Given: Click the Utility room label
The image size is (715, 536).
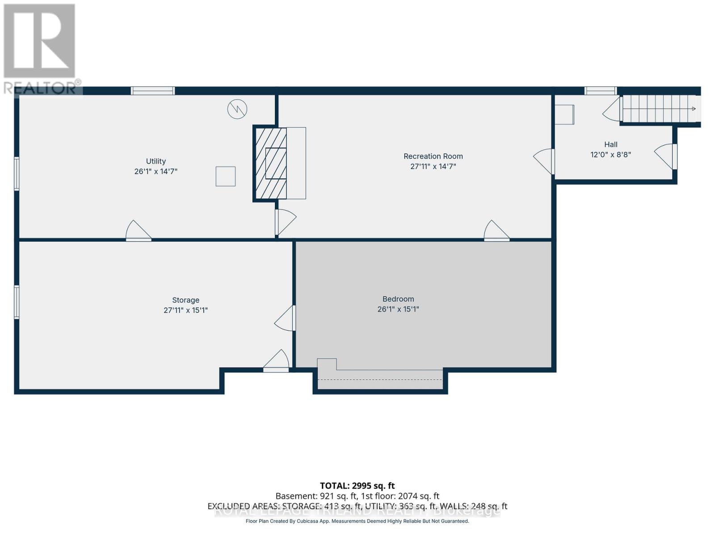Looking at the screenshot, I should point(156,161).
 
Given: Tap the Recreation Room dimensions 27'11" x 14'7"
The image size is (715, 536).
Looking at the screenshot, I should point(433,167).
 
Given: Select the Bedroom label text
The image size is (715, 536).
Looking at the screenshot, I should point(398,299).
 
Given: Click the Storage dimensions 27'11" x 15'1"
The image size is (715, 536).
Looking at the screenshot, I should point(185,310).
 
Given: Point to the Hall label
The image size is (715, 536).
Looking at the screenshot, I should point(610,144).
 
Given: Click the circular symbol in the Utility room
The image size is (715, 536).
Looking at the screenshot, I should point(237,109).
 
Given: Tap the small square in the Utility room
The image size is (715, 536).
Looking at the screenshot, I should point(225,176).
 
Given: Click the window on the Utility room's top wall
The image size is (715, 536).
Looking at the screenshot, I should point(152,91).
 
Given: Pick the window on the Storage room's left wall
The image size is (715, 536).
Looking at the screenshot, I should point(17,302).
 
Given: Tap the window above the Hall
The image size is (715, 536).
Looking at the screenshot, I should point(601,91).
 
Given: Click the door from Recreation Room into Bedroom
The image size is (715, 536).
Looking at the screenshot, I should point(496,231).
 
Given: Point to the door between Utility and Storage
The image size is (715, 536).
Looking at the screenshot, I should point(138,231).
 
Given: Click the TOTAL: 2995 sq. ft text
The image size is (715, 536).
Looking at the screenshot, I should point(357,486).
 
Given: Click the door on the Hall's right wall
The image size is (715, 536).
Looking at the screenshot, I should point(666,156).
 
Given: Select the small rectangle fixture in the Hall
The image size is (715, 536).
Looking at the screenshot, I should point(564,114).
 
